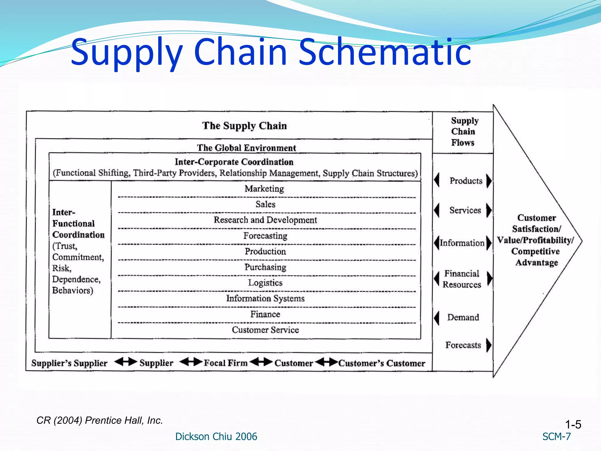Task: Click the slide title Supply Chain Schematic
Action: [x=271, y=52]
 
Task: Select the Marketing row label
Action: [x=264, y=189]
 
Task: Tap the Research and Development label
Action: [x=265, y=220]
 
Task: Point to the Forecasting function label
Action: [x=265, y=236]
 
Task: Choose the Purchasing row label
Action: [x=265, y=267]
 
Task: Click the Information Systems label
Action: [x=265, y=299]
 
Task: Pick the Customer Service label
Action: [x=265, y=330]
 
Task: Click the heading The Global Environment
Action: [x=246, y=148]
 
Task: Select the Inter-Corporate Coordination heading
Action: [x=234, y=162]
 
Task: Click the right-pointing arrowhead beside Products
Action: [x=489, y=181]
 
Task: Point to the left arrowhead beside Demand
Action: [x=437, y=318]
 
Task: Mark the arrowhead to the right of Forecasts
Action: [x=489, y=345]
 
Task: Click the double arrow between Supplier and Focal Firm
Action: [x=191, y=362]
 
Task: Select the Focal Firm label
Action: [x=226, y=363]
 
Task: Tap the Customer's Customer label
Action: [x=382, y=364]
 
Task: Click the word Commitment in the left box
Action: [x=78, y=257]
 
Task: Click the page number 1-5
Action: [x=573, y=425]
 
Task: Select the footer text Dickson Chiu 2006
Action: [x=216, y=437]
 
